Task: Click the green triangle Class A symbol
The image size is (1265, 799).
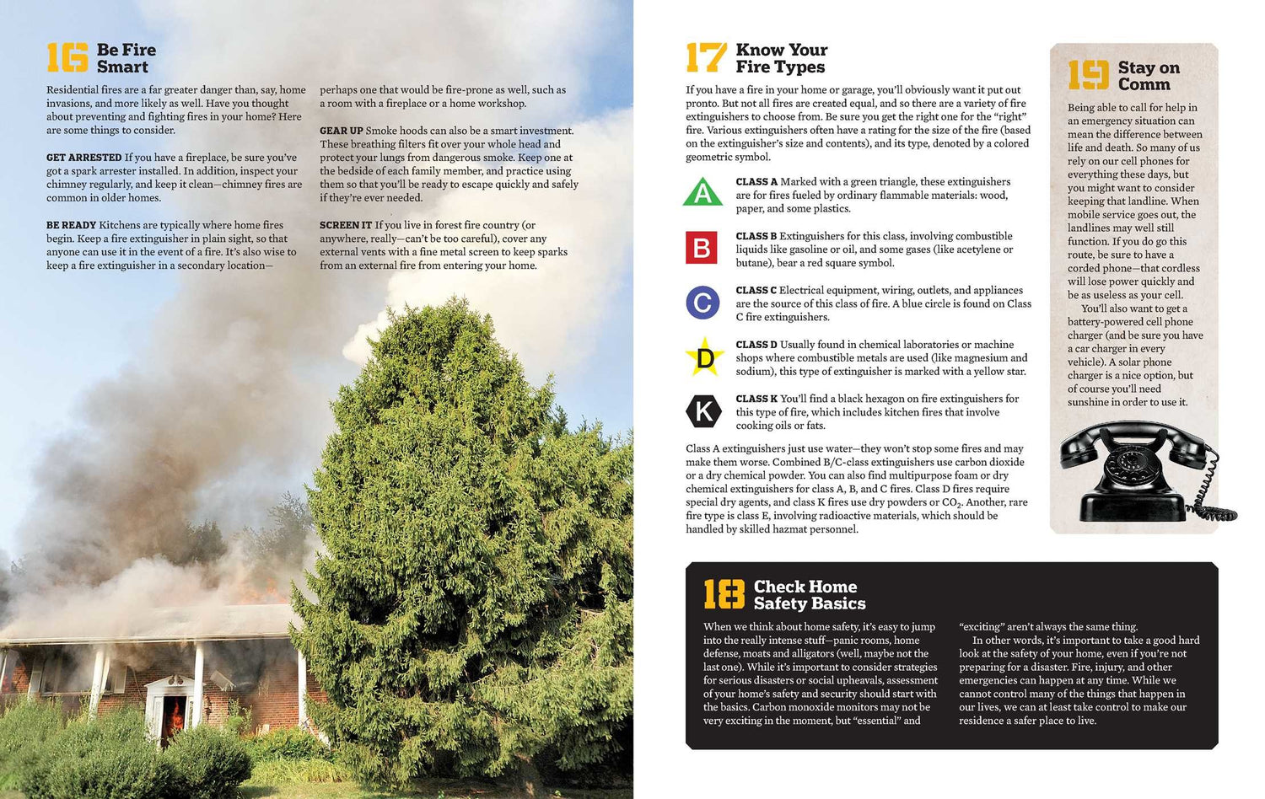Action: coord(702,193)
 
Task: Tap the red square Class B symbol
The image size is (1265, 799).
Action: coord(702,248)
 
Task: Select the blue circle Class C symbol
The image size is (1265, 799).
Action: coord(702,303)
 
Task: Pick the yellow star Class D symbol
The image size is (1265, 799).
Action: coord(703,358)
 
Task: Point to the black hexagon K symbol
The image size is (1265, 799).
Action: coord(702,412)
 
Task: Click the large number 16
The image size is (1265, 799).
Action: coord(67,58)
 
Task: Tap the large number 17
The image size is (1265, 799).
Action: coord(706,58)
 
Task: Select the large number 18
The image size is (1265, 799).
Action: coord(724,594)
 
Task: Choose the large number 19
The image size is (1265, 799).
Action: coord(1088,75)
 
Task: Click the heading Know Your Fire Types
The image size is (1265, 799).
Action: coord(781,58)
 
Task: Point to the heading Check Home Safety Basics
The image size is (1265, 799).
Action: coord(809,595)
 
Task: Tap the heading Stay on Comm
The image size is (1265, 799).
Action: coord(1148,76)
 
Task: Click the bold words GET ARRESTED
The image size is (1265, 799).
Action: coord(84,158)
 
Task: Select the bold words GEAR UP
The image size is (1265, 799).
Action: coord(341,131)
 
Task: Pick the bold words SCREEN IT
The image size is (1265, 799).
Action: coord(345,225)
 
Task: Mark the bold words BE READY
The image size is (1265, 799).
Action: coord(71,225)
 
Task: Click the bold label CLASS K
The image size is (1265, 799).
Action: coord(756,399)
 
